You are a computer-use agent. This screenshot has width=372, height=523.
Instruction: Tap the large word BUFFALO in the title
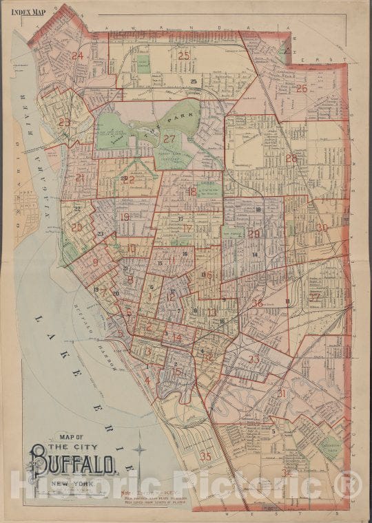[72, 460]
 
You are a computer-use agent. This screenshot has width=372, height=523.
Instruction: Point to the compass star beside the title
[139, 452]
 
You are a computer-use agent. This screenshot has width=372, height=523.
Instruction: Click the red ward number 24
[78, 56]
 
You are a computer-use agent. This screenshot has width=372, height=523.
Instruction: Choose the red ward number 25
[184, 55]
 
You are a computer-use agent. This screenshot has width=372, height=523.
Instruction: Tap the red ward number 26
[302, 88]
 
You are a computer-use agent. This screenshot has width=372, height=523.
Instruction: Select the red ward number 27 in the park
[169, 138]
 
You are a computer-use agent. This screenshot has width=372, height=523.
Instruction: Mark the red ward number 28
[291, 158]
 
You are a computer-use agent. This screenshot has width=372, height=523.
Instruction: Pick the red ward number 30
[322, 227]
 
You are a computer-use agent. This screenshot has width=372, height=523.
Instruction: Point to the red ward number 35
[205, 456]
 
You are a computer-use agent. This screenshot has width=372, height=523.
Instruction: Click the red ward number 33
[254, 359]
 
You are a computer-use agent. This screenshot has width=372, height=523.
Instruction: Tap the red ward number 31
[281, 393]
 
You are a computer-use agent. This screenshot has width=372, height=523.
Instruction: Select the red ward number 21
[80, 178]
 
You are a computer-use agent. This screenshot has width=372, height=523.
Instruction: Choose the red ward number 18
[191, 191]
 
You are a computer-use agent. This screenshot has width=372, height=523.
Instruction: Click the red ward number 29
[254, 234]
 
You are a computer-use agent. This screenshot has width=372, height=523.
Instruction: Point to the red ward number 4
[147, 381]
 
